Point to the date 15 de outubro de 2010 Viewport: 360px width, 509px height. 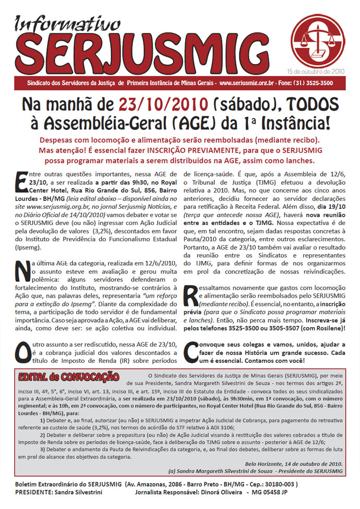click(x=316, y=70)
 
